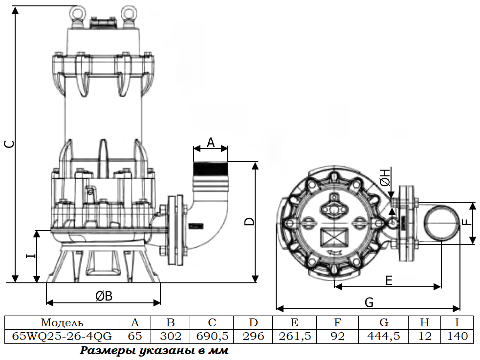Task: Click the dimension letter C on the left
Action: tap(10, 144)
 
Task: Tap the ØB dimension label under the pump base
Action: tap(104, 296)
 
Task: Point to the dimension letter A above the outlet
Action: tap(211, 143)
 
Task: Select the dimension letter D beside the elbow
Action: tap(250, 221)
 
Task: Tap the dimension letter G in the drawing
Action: tap(369, 302)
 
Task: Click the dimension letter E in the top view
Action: tap(389, 280)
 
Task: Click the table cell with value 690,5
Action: tap(212, 336)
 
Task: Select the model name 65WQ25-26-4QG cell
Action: tap(62, 336)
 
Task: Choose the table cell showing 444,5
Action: tap(383, 336)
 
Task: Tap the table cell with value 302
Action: tap(171, 336)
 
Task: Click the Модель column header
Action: tap(62, 323)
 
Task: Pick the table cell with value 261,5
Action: tap(294, 336)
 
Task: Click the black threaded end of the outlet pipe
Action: tap(211, 169)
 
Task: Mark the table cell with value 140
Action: tap(457, 336)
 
